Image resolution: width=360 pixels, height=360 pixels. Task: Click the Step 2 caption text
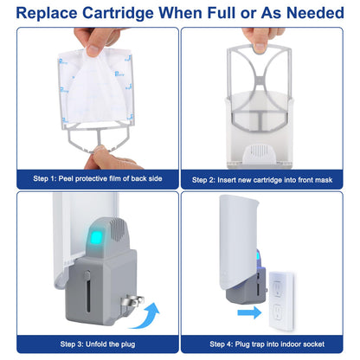(270, 178)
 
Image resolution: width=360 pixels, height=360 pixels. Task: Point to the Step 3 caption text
(90, 344)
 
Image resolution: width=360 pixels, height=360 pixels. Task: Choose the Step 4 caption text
(270, 344)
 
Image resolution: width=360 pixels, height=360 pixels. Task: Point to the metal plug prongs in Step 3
(129, 304)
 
